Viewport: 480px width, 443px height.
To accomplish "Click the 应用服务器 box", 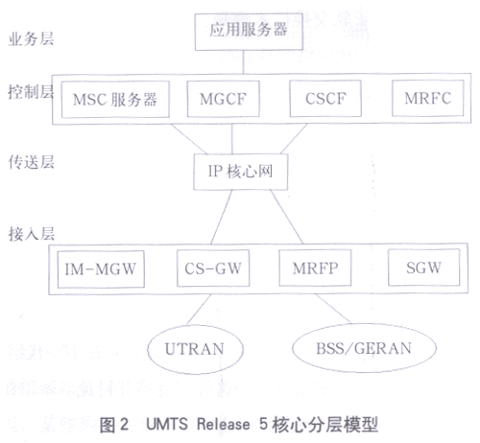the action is [249, 32].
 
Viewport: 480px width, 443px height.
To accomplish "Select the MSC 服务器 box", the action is [115, 100].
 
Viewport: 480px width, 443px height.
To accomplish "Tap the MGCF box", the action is [223, 99].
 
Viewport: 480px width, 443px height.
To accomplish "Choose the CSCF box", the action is [325, 99].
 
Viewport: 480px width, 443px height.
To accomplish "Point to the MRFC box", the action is [428, 98].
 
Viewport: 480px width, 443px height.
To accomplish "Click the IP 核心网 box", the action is [241, 172].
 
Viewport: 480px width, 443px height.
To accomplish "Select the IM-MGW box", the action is [101, 269].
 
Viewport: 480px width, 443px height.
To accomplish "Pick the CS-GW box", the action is [213, 268].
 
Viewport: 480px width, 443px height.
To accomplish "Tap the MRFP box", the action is [315, 268].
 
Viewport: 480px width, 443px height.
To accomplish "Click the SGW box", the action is [424, 268].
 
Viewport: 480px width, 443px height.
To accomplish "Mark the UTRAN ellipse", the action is [195, 349].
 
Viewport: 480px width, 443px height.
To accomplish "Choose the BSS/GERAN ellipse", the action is [364, 348].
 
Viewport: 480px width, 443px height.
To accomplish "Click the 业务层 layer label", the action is [31, 39].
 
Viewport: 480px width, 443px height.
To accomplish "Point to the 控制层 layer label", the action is [31, 92].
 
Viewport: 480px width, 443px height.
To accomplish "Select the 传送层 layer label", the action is [31, 162].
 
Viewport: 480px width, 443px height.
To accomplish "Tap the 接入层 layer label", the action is [32, 234].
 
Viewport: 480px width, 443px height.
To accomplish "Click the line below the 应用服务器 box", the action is [243, 62].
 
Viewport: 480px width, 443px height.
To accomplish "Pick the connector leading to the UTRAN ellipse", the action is [199, 310].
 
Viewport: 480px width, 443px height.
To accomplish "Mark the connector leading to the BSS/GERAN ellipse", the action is [333, 309].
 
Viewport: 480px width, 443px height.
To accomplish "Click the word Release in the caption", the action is [224, 424].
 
